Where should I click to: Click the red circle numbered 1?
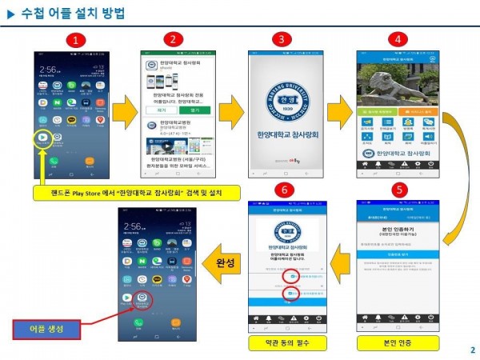74,39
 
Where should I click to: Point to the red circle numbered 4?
394,39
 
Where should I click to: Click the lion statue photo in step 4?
395,83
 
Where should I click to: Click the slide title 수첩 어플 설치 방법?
72,14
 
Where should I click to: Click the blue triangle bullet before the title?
10,14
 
